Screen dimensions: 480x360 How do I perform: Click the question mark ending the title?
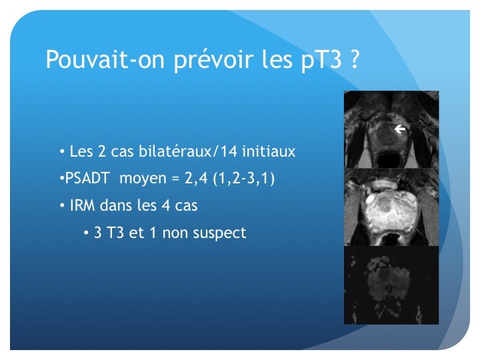point(354,59)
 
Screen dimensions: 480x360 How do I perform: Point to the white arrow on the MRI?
point(400,129)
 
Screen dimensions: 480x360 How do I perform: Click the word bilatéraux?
point(175,151)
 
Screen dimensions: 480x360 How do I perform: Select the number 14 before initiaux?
point(229,151)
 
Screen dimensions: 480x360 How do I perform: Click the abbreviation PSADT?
point(87,178)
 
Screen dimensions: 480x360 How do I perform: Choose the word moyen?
point(143,179)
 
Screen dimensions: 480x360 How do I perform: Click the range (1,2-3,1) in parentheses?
point(244,178)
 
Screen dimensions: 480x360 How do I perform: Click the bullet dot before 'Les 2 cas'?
point(63,151)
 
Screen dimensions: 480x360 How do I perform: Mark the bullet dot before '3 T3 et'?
point(86,233)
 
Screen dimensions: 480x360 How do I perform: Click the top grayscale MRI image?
point(391,129)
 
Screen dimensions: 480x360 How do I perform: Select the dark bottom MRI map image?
point(391,285)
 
